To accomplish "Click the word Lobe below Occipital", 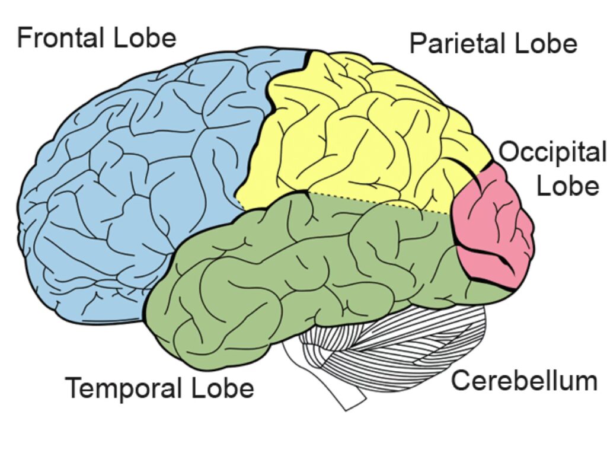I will (567, 186).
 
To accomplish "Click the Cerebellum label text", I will (524, 381).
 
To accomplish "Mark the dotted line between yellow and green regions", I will (379, 202).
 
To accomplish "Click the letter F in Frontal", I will (23, 37).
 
